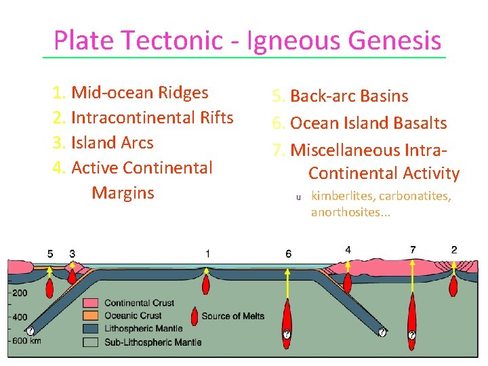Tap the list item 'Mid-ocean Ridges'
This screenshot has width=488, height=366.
140,92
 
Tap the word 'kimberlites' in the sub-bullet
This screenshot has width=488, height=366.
343,197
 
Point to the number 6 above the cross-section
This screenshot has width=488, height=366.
289,253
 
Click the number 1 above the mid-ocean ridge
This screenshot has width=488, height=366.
207,253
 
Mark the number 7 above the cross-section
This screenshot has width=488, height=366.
413,250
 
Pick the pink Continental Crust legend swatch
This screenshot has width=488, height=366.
92,303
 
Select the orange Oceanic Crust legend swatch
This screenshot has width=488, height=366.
92,316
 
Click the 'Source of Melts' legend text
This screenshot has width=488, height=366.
232,316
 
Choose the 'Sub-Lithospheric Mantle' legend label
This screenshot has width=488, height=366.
152,342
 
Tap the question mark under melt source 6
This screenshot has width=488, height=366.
287,334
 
